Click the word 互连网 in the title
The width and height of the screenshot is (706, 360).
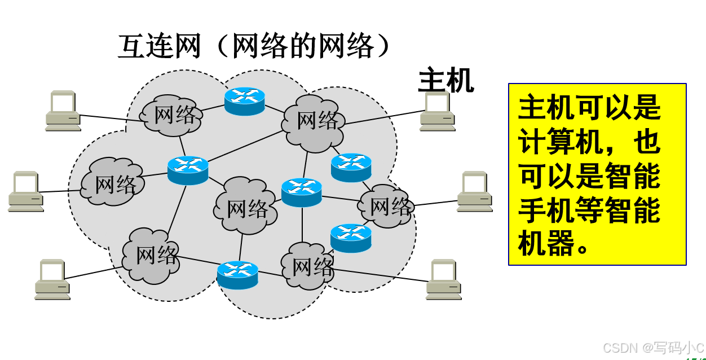[x=160, y=46]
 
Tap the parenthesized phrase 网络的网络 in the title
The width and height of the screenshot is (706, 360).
[x=303, y=46]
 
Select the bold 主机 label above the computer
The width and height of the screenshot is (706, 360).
[x=445, y=81]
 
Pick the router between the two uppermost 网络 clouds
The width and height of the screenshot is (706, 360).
[x=244, y=102]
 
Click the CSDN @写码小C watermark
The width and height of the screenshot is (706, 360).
[x=653, y=348]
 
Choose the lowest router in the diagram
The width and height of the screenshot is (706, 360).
[x=237, y=275]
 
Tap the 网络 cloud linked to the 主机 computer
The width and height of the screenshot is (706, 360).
[x=317, y=120]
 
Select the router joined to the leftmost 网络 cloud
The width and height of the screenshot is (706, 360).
[x=188, y=170]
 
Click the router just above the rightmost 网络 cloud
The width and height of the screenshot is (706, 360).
[x=351, y=167]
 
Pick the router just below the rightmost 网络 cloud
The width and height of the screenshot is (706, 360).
[x=351, y=238]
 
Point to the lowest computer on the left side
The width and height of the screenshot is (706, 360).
[x=52, y=279]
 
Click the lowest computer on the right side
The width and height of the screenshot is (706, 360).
[x=444, y=279]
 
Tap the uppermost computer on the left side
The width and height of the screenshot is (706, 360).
[x=63, y=111]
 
